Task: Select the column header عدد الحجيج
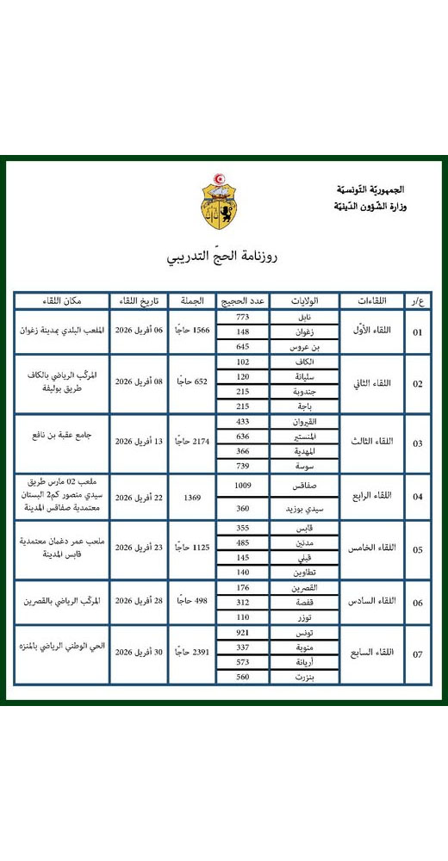pos(242,301)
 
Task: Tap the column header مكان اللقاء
pos(61,301)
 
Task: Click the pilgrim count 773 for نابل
pos(242,317)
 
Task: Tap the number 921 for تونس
pos(242,634)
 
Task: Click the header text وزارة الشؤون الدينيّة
pos(369,207)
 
